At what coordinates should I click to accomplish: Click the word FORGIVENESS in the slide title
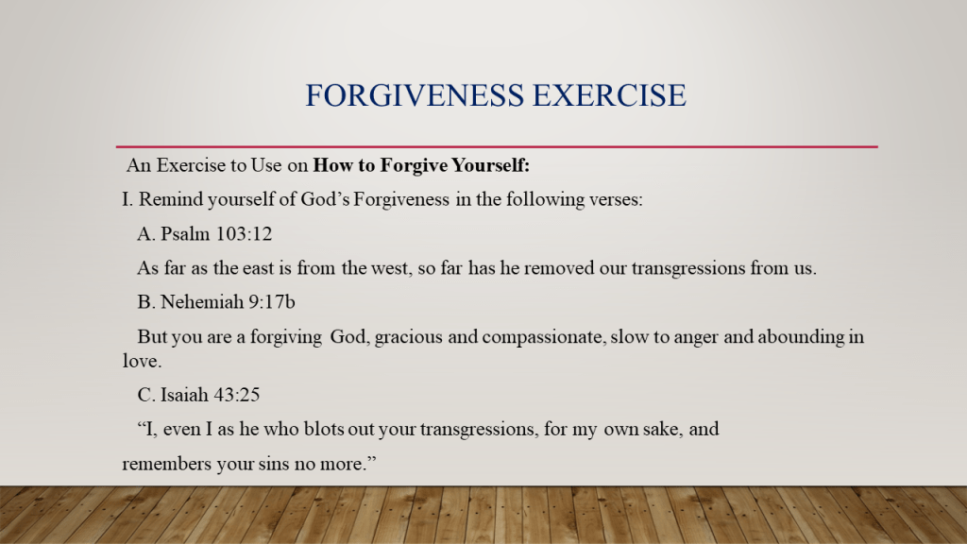pyautogui.click(x=415, y=95)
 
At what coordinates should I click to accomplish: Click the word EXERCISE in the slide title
pyautogui.click(x=609, y=95)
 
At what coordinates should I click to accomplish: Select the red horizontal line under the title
pyautogui.click(x=497, y=146)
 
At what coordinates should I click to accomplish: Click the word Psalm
pyautogui.click(x=185, y=234)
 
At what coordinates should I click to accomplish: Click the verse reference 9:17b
pyautogui.click(x=272, y=301)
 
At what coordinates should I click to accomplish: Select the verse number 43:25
pyautogui.click(x=237, y=395)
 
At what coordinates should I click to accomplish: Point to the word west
pyautogui.click(x=391, y=268)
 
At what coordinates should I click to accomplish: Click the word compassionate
pyautogui.click(x=543, y=337)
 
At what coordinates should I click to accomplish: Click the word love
pyautogui.click(x=142, y=360)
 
